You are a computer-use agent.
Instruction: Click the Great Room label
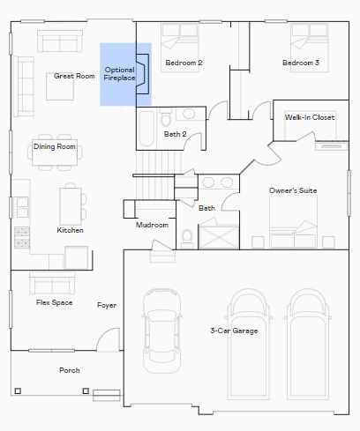pos(74,76)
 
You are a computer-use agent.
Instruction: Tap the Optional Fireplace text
pos(119,74)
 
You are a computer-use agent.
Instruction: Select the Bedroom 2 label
pos(184,63)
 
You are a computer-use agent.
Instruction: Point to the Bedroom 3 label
pos(301,63)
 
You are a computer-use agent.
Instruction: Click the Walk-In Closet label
pos(310,117)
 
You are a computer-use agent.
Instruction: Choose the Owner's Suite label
pos(293,190)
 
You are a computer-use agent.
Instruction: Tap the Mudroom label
pos(152,225)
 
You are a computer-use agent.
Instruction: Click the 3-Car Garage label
pos(234,331)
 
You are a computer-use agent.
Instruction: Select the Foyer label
pos(107,305)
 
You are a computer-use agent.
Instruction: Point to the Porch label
pos(70,370)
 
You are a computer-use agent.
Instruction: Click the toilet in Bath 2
pos(166,118)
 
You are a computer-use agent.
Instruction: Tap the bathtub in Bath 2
pos(146,129)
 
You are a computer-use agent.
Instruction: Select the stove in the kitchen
pos(22,237)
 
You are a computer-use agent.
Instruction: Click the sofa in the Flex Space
pos(52,283)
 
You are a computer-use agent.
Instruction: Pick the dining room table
pos(55,152)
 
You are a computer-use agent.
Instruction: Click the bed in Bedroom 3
pos(310,48)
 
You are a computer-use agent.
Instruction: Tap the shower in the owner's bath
pos(219,237)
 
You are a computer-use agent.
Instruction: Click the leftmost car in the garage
pos(161,331)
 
